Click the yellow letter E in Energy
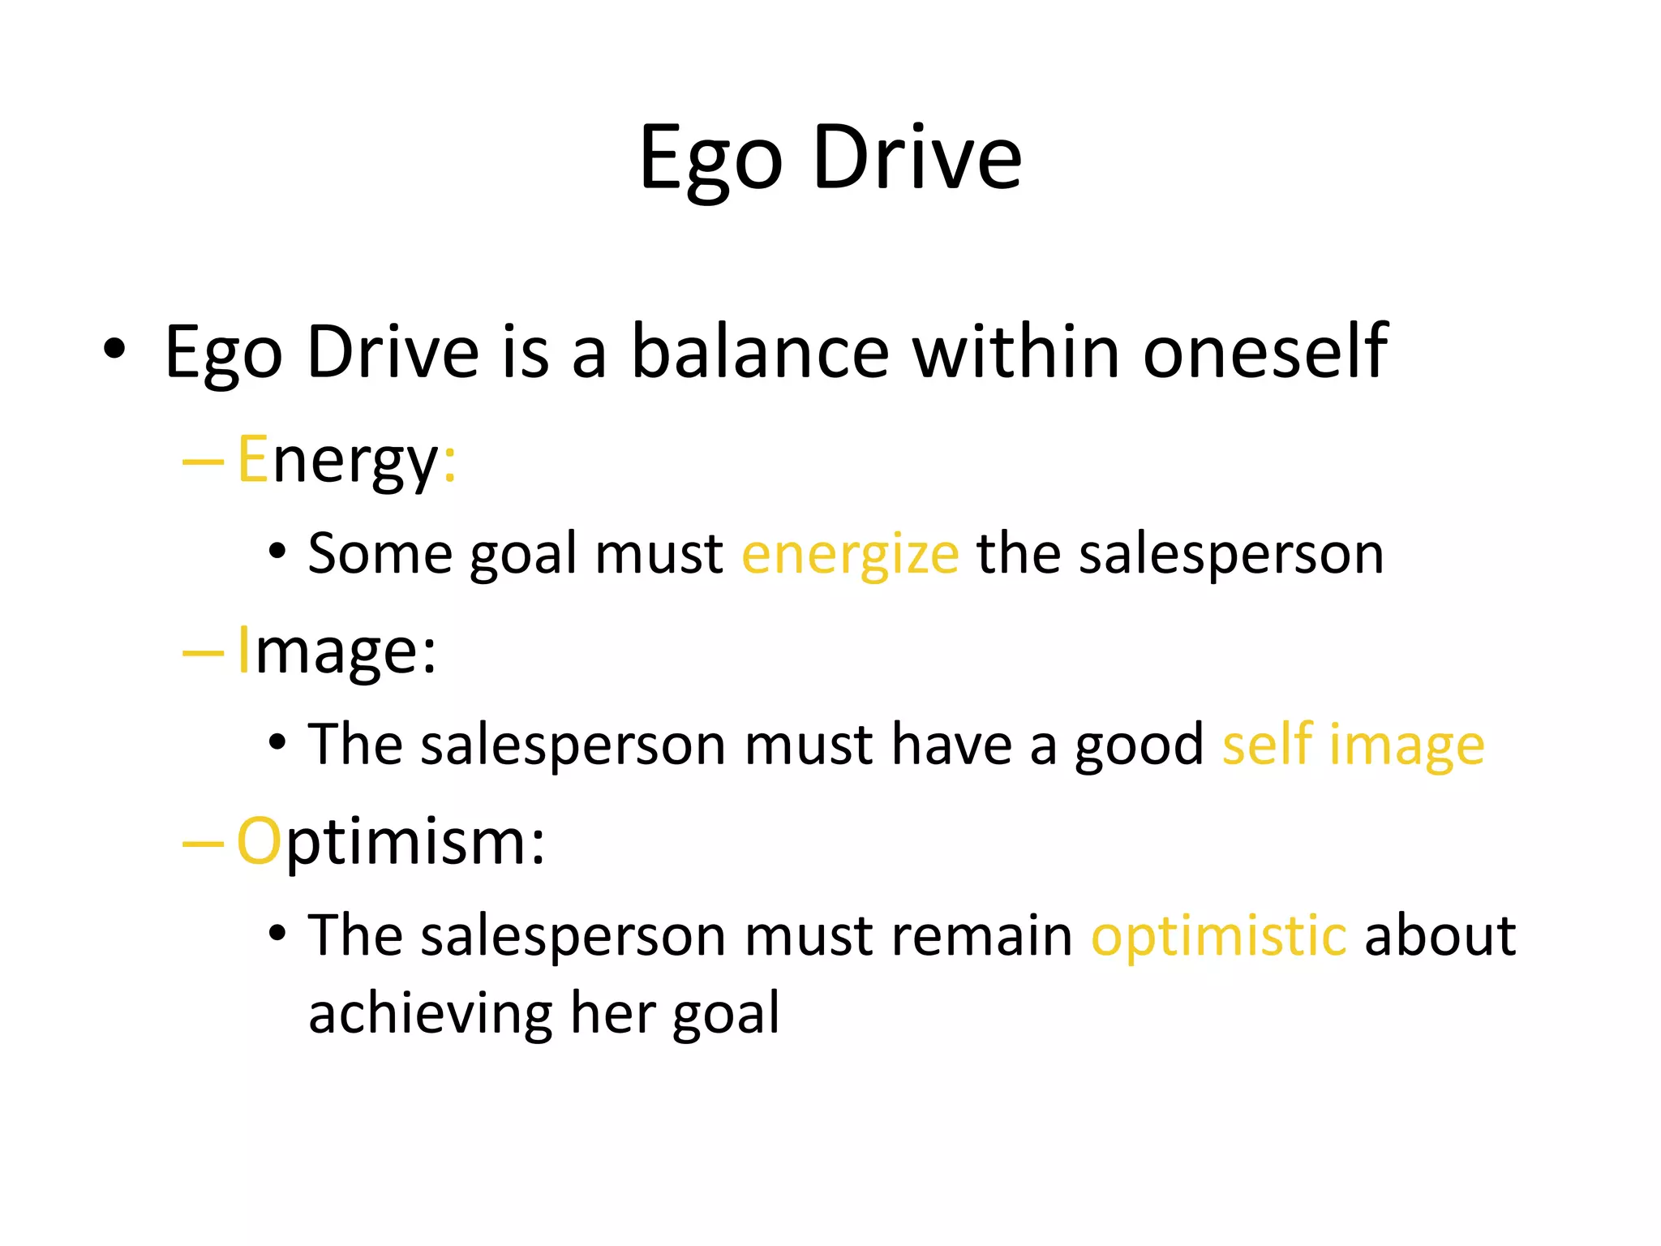coord(252,459)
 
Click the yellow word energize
coord(850,555)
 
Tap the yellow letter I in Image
coord(243,651)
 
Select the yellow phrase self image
coord(1353,745)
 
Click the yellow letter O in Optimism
coord(259,842)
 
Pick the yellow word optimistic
coord(1218,936)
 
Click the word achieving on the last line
coord(429,1014)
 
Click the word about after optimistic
coord(1440,936)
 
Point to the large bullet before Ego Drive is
coord(114,349)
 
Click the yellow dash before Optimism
coord(203,844)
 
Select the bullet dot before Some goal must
coord(277,552)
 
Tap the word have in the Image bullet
coord(951,745)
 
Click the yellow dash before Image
coord(203,652)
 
